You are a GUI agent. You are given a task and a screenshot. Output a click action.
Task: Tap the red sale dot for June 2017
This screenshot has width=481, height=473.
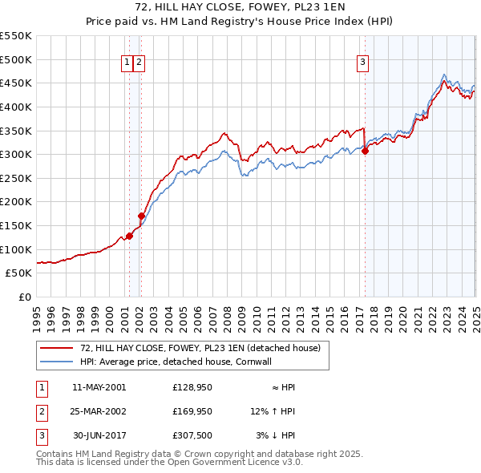365,151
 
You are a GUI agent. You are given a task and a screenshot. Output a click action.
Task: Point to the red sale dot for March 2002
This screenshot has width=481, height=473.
141,216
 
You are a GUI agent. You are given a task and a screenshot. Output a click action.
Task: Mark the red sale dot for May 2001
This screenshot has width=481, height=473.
129,236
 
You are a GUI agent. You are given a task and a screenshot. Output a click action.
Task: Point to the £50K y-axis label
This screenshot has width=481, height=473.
19,273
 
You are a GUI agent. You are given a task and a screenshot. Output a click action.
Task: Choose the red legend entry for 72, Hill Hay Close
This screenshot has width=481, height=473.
200,348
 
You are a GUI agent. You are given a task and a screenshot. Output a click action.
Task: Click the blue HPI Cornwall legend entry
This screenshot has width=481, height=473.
176,362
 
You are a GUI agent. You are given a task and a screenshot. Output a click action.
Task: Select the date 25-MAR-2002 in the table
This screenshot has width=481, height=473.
99,411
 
